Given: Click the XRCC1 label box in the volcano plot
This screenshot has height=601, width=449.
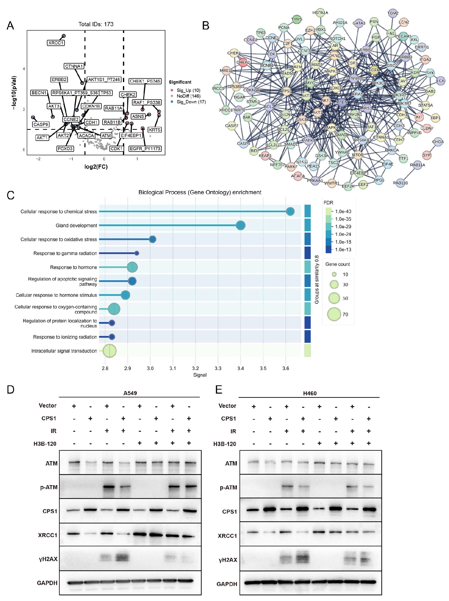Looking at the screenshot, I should (x=56, y=43).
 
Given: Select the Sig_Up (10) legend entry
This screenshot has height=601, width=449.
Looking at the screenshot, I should (x=188, y=90).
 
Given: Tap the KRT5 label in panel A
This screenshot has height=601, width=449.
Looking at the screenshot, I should (x=154, y=130).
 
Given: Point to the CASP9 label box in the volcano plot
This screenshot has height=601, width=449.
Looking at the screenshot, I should (x=41, y=124).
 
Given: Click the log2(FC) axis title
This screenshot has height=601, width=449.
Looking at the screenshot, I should (x=96, y=167).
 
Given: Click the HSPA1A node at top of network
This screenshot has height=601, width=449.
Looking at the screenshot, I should (x=320, y=13).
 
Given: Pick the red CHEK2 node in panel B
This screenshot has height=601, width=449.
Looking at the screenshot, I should (x=243, y=62).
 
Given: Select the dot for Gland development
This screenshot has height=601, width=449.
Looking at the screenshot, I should (x=241, y=225).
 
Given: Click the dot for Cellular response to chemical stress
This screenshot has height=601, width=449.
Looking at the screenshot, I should (x=290, y=211).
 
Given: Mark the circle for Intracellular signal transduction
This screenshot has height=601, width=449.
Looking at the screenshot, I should (x=109, y=351).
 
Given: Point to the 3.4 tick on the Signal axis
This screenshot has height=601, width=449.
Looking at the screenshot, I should (x=241, y=368).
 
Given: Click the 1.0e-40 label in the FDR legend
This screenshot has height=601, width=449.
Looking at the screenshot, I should (x=343, y=211).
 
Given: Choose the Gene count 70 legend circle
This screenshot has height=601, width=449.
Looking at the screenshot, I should (x=334, y=314).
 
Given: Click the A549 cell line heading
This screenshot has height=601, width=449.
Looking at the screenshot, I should (x=130, y=393).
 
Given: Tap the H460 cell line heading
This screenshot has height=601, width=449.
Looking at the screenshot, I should (x=310, y=393).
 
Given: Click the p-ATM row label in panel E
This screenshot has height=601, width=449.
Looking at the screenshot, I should (x=228, y=487).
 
